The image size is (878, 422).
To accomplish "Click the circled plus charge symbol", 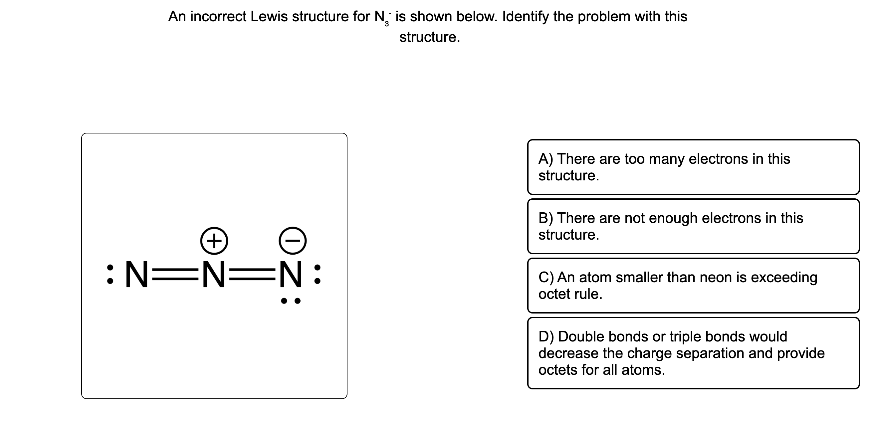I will click(x=214, y=241).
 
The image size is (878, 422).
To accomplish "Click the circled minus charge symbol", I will click(x=293, y=241).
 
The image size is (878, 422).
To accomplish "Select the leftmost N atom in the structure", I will click(x=136, y=275).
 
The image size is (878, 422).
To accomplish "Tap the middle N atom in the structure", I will click(x=214, y=275).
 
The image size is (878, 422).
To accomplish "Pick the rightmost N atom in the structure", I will click(x=291, y=275).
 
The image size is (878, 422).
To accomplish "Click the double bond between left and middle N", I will click(x=175, y=275).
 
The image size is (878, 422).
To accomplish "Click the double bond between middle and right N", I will click(x=252, y=275).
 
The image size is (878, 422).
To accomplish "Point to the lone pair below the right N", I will click(x=291, y=301).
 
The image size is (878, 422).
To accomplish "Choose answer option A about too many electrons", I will click(x=693, y=167).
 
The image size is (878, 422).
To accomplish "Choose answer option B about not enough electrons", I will click(x=693, y=226).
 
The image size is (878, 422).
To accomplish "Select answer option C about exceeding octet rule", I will click(x=693, y=286).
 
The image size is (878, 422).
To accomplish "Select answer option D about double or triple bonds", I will click(x=693, y=353).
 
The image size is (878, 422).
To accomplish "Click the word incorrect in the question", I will click(x=218, y=16).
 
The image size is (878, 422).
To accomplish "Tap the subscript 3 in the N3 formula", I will click(x=386, y=24).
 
